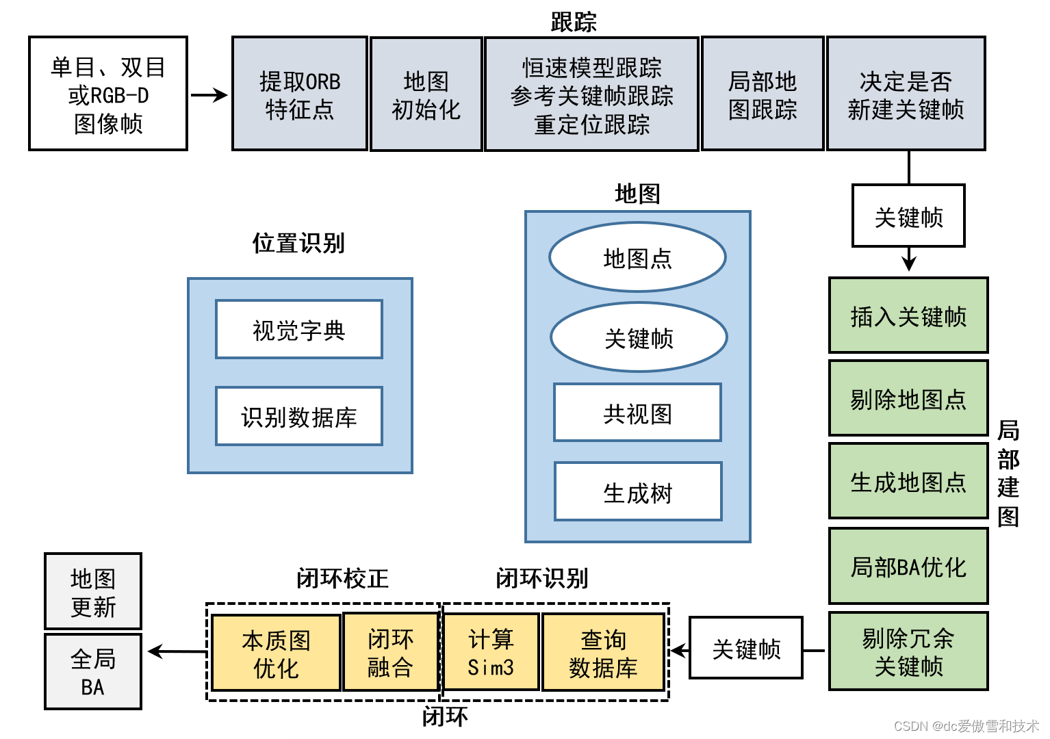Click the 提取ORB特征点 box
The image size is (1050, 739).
tap(300, 94)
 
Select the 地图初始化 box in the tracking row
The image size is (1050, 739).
tap(426, 94)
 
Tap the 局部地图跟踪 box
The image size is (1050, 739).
tap(763, 94)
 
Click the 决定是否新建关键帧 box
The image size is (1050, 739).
tap(906, 94)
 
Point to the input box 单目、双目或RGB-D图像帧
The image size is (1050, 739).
tap(108, 94)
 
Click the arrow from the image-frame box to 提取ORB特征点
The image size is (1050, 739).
tap(209, 95)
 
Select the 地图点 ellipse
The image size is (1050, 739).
tap(637, 258)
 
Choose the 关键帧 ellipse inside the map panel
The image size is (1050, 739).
tap(639, 338)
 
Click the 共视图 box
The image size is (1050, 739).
tap(637, 413)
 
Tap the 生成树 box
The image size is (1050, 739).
tap(638, 492)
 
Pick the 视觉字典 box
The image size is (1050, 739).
tap(299, 330)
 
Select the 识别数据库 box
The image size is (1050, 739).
tap(299, 416)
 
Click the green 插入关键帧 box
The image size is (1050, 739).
tap(908, 315)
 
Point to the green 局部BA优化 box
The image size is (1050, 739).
tap(908, 566)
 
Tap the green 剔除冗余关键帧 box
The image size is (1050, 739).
tap(908, 651)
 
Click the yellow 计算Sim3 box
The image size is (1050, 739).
tap(491, 652)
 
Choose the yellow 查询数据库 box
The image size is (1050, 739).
tap(603, 652)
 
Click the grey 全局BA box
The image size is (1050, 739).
tap(93, 672)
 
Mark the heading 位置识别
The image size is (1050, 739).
tap(298, 243)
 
